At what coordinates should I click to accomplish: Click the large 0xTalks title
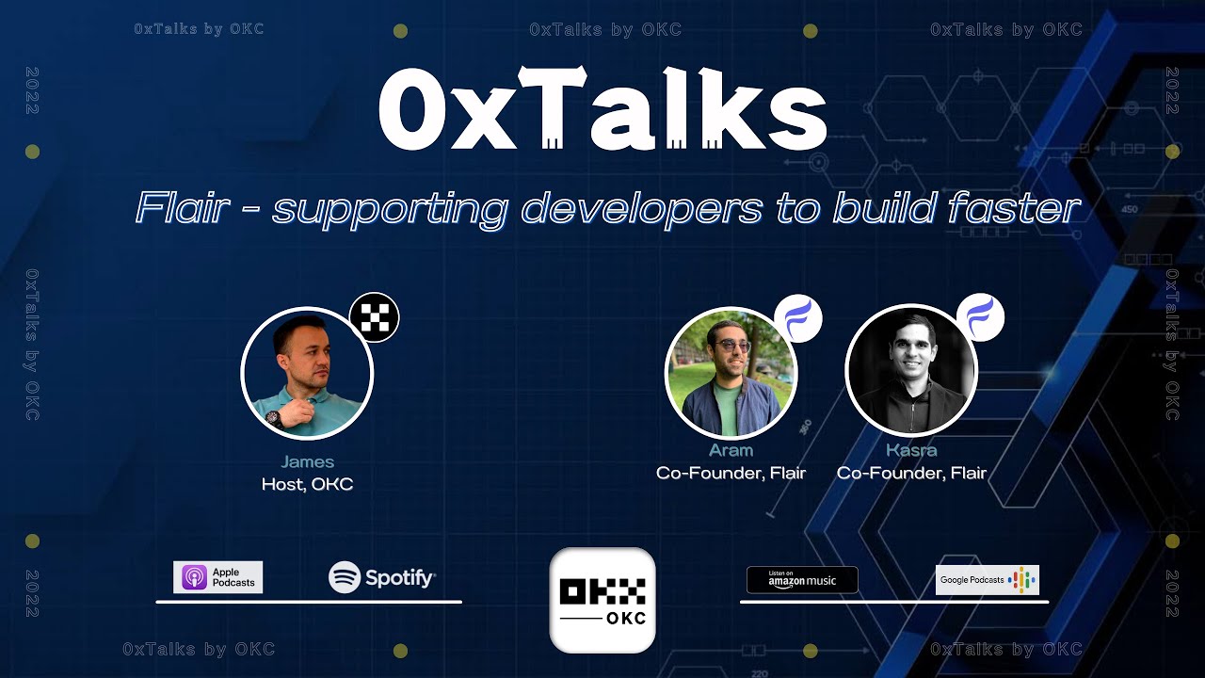[602, 111]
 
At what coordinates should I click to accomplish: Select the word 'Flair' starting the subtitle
[182, 208]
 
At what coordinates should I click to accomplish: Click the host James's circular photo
[307, 374]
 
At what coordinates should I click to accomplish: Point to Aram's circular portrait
[731, 373]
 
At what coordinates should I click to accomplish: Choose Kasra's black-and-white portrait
[911, 371]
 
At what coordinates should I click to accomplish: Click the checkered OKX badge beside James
[375, 317]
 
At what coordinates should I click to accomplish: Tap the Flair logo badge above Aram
[798, 318]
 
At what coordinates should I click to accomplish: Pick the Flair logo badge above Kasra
[980, 317]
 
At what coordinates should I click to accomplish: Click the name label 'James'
[307, 461]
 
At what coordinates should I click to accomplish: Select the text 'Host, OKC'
[307, 485]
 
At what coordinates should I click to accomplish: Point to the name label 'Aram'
[731, 450]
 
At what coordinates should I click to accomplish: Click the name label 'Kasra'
[911, 450]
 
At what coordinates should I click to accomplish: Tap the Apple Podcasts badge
[217, 577]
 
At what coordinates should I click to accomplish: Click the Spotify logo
[382, 577]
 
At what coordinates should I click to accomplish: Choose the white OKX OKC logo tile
[602, 600]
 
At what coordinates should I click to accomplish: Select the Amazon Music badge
[802, 579]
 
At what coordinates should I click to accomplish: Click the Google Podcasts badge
[987, 580]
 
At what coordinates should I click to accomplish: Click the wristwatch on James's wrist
[273, 417]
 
